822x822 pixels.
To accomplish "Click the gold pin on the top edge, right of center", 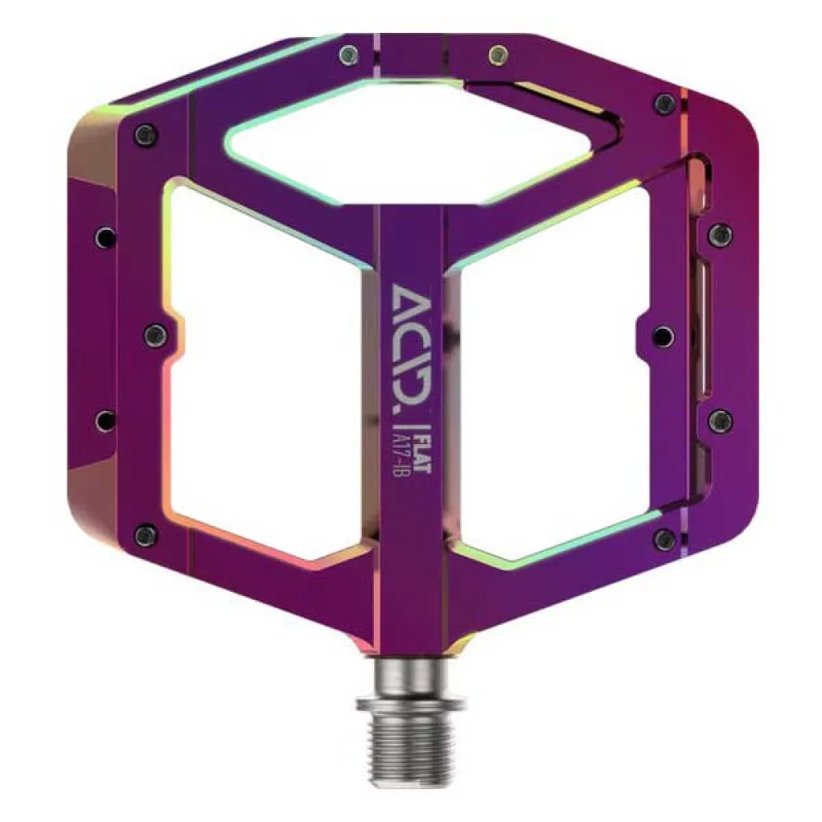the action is pos(498,54).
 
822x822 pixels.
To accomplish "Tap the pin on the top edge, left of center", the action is pos(349,54).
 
